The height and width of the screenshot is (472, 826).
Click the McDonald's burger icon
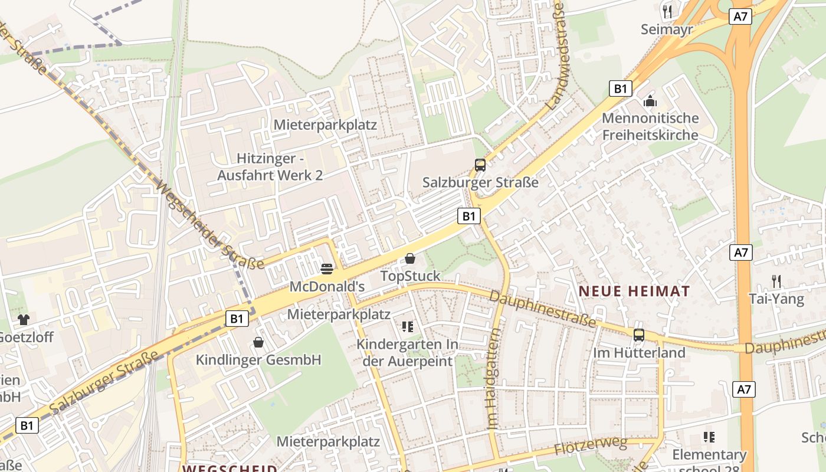tap(327, 269)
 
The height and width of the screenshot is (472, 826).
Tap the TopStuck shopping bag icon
tap(410, 258)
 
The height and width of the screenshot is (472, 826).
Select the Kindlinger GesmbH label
tap(258, 360)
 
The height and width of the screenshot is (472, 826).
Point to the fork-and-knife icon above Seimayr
tap(667, 11)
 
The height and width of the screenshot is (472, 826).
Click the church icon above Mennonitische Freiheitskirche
tap(650, 101)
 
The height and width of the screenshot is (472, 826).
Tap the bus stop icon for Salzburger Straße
tap(480, 165)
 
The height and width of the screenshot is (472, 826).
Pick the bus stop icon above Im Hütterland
tap(638, 335)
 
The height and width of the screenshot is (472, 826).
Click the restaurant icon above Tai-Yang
tap(776, 281)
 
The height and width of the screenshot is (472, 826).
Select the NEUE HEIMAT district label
tap(634, 291)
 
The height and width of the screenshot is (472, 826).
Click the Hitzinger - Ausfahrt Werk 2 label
tap(270, 167)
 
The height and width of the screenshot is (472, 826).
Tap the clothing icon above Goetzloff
tap(24, 320)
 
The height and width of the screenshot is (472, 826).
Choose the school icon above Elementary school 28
tap(709, 437)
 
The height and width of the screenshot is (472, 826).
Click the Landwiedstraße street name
tap(556, 56)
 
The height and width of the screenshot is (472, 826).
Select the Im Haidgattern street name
tap(493, 378)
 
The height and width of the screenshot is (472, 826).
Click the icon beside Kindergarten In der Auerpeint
tap(407, 326)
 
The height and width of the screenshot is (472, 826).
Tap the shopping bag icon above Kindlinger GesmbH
tap(258, 342)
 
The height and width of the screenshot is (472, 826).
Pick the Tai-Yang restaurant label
tap(776, 299)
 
